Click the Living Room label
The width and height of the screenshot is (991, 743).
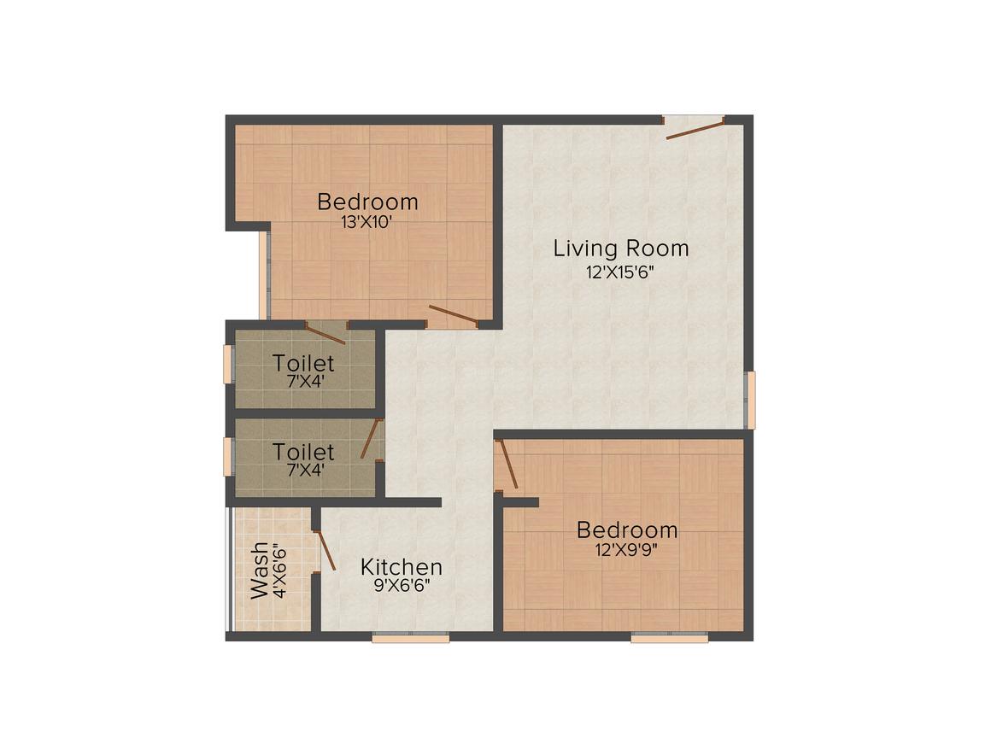621,249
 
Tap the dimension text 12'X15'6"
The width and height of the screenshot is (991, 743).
621,273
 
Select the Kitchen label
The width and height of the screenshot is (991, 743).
402,567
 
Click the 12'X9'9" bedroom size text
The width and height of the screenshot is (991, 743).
626,549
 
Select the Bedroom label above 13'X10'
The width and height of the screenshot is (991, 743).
368,202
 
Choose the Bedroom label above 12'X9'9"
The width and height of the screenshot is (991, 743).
627,529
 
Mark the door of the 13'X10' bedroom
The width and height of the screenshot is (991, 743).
453,317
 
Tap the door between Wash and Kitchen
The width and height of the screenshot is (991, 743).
325,550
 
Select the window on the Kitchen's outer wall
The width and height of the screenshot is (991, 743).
411,636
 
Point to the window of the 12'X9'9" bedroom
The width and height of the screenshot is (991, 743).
669,636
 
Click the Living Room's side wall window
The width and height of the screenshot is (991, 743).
749,400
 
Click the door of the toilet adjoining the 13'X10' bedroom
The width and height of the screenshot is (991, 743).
325,333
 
